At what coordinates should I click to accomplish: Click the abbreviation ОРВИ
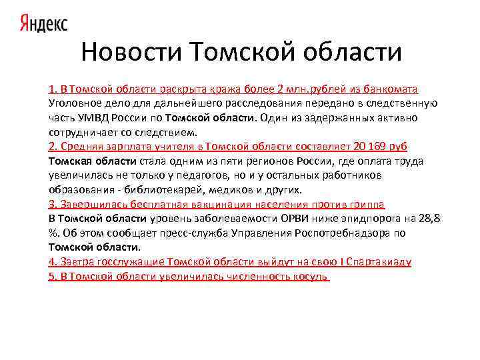pos(291,218)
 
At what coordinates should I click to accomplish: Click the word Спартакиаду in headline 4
pos(378,261)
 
